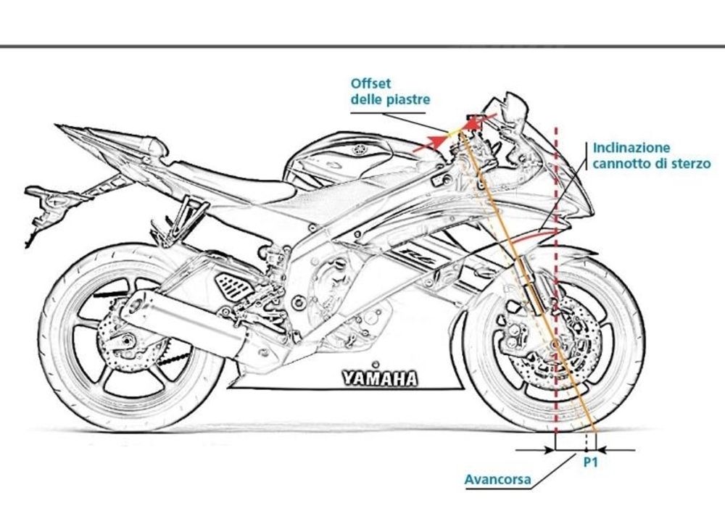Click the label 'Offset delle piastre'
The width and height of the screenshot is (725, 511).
click(x=390, y=92)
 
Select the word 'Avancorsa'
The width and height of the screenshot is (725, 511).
click(x=497, y=479)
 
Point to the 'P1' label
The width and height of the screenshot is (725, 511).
click(x=590, y=463)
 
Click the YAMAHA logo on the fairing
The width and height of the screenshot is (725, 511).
click(x=380, y=378)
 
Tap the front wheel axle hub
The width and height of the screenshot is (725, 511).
click(x=555, y=345)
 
